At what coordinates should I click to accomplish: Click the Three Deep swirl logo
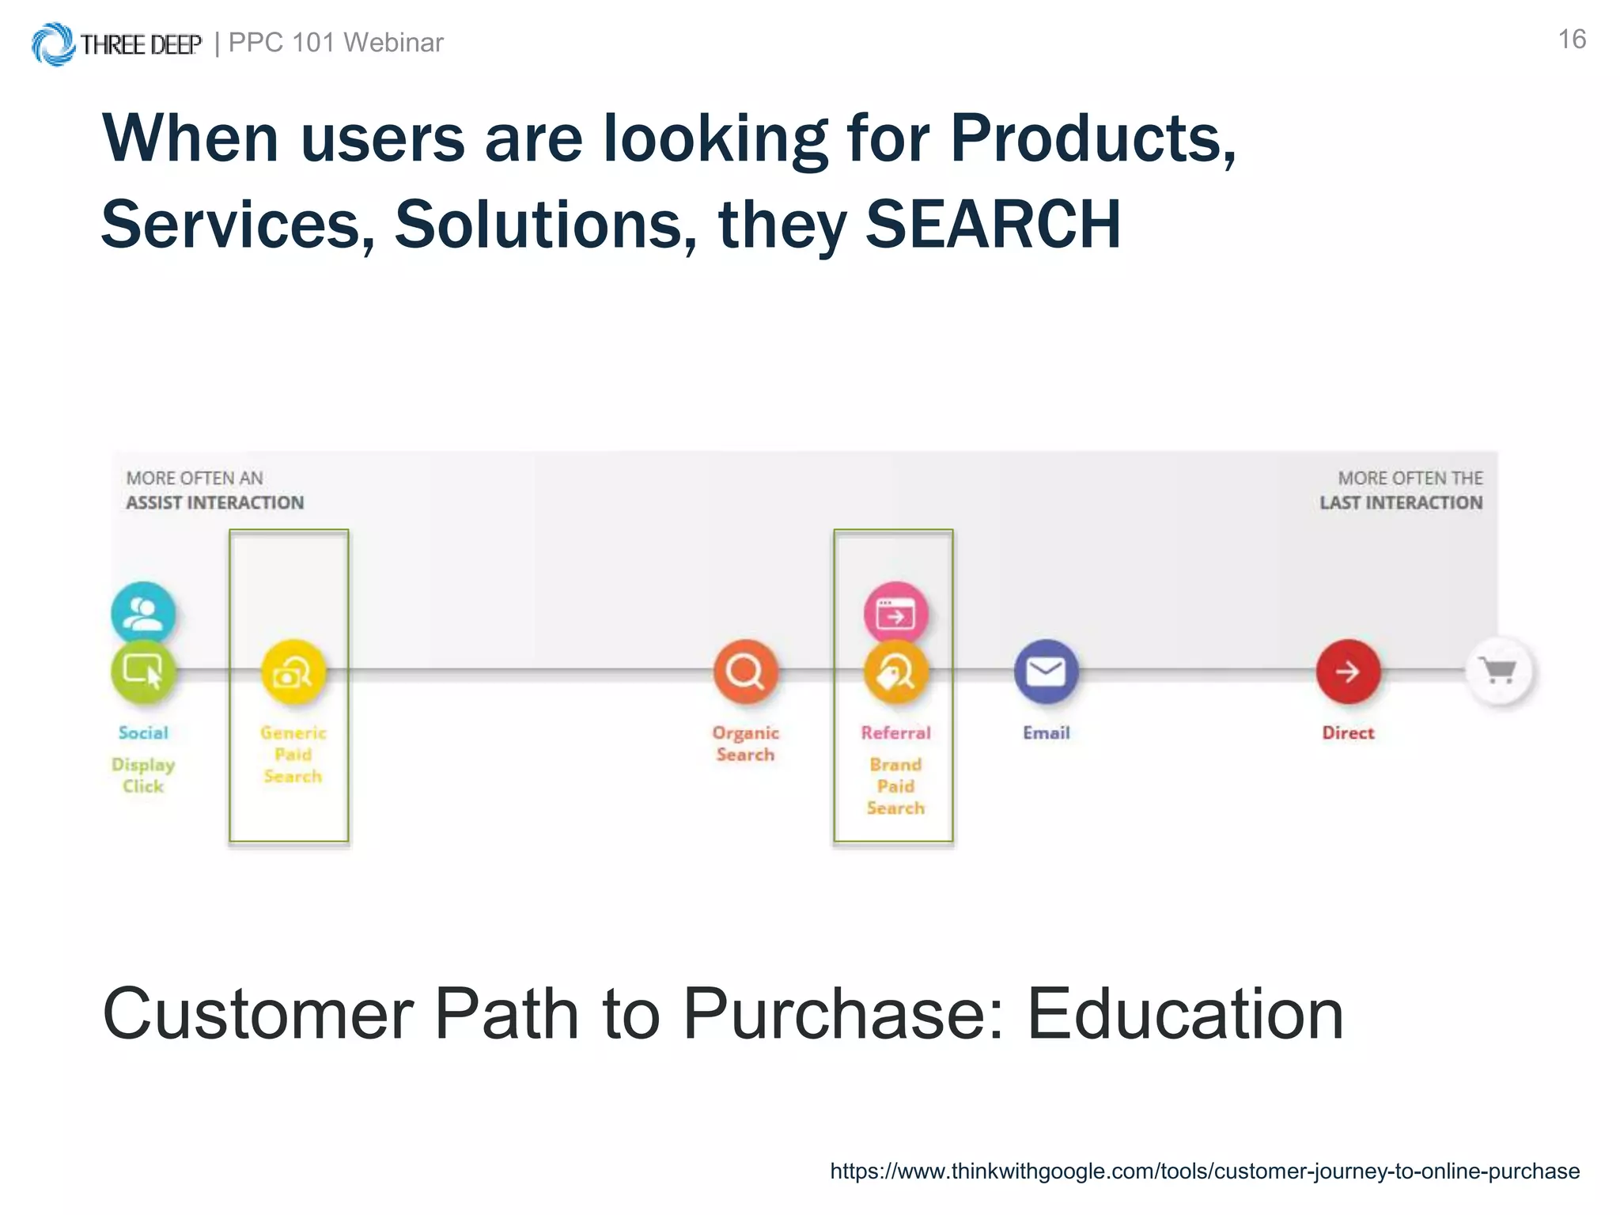pyautogui.click(x=53, y=44)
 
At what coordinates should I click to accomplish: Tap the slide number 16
pyautogui.click(x=1571, y=40)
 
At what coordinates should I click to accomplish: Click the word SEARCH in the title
pyautogui.click(x=993, y=225)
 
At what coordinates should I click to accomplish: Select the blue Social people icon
pyautogui.click(x=143, y=611)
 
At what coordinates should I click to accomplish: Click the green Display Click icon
pyautogui.click(x=143, y=672)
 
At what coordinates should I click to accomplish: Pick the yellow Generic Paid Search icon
pyautogui.click(x=293, y=672)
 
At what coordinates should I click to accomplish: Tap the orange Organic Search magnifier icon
pyautogui.click(x=745, y=672)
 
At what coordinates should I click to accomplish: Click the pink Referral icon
pyautogui.click(x=895, y=611)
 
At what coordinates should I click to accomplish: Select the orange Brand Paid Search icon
pyautogui.click(x=895, y=672)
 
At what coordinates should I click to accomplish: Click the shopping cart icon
pyautogui.click(x=1499, y=671)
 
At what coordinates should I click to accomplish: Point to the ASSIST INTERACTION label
pyautogui.click(x=214, y=502)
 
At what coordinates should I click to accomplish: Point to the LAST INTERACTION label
pyautogui.click(x=1400, y=502)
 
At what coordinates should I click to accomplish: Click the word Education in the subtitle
pyautogui.click(x=1184, y=1014)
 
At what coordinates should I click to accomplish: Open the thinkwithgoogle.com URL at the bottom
pyautogui.click(x=1204, y=1171)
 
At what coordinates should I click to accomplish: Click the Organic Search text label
pyautogui.click(x=745, y=744)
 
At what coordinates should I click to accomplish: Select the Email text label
pyautogui.click(x=1046, y=733)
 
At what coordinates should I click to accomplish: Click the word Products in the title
pyautogui.click(x=1092, y=138)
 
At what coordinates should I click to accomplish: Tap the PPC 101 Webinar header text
pyautogui.click(x=335, y=43)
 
